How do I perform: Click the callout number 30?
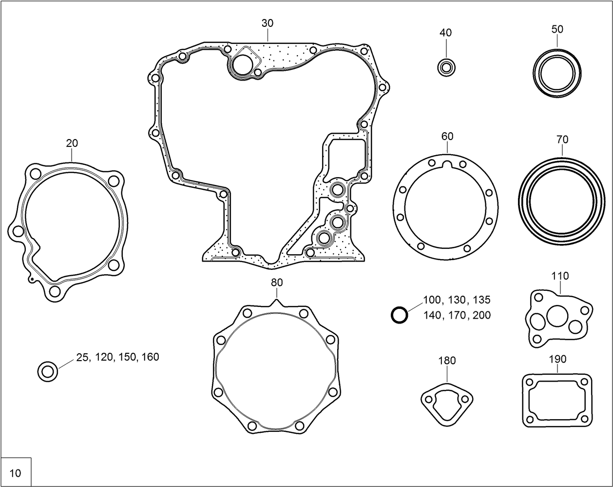[x=268, y=23]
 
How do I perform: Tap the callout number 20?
[x=72, y=143]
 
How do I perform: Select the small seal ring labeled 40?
[x=446, y=67]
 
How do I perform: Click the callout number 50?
[x=557, y=29]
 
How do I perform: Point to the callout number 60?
[x=447, y=136]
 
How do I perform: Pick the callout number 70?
[x=562, y=140]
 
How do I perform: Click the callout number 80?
[x=276, y=283]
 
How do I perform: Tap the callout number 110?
[x=560, y=276]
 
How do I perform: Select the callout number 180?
[x=447, y=361]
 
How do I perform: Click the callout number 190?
[x=557, y=359]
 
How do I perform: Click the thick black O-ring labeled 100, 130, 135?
[x=399, y=315]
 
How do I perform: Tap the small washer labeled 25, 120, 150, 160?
[x=48, y=372]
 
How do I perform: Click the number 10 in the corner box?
[x=16, y=473]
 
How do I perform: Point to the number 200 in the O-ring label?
[x=481, y=315]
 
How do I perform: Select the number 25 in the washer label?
[x=82, y=357]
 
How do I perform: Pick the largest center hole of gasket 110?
[x=556, y=316]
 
